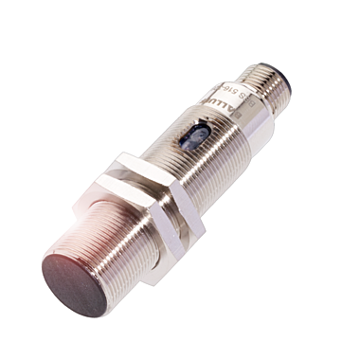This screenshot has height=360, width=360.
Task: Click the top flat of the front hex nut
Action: coord(118,161)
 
